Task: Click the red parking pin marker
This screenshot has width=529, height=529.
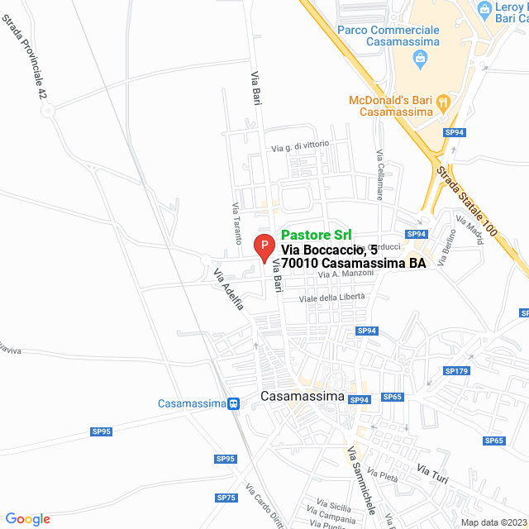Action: pyautogui.click(x=263, y=245)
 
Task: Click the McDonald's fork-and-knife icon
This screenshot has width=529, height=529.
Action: pyautogui.click(x=443, y=102)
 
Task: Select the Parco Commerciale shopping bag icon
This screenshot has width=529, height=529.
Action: pyautogui.click(x=421, y=58)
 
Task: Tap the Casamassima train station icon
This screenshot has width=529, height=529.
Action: pyautogui.click(x=234, y=403)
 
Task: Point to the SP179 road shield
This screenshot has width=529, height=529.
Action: pyautogui.click(x=456, y=371)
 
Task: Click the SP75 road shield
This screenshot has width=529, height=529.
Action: pyautogui.click(x=226, y=498)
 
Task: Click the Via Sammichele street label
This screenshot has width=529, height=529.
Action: pyautogui.click(x=361, y=476)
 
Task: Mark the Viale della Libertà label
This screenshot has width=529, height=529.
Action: pyautogui.click(x=331, y=298)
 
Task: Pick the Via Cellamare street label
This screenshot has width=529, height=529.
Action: pyautogui.click(x=379, y=176)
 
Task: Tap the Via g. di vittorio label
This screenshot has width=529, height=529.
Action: pyautogui.click(x=300, y=146)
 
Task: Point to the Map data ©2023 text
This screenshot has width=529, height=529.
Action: pyautogui.click(x=493, y=522)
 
